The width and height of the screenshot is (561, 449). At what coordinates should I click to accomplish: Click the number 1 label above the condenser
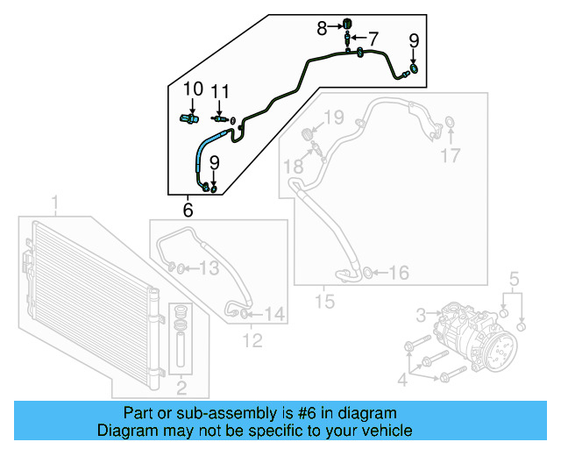[55, 205]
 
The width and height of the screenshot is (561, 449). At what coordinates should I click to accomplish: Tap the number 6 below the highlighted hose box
[188, 210]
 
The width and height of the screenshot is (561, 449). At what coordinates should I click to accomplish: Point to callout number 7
[373, 39]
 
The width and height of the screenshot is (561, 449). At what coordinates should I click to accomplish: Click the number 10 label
[193, 89]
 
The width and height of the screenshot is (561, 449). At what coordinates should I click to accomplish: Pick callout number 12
[252, 341]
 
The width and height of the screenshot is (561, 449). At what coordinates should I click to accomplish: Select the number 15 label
[324, 303]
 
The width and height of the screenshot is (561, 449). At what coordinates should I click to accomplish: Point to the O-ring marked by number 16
[368, 273]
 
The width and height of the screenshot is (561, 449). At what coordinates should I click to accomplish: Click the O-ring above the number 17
[450, 122]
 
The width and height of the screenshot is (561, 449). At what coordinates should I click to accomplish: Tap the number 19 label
[333, 117]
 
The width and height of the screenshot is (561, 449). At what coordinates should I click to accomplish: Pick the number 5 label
[515, 281]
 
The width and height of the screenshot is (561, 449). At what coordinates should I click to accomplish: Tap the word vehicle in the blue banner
[388, 431]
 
